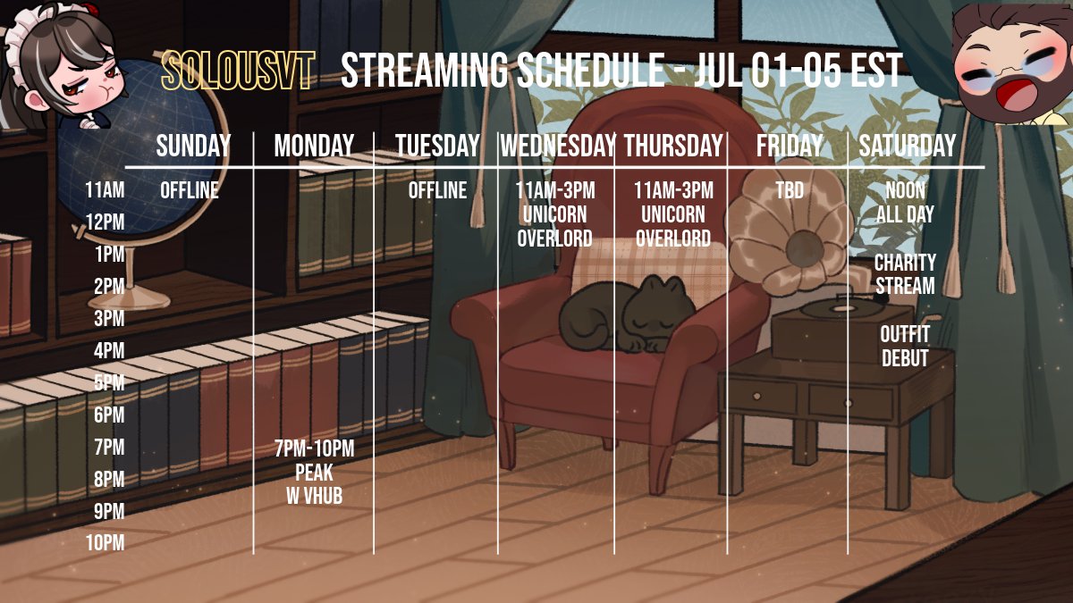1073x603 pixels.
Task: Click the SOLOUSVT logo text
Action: [x=238, y=71]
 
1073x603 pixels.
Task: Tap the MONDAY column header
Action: [x=314, y=146]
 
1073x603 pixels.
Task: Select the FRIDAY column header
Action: [x=790, y=146]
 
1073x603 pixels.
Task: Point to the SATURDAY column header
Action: [x=908, y=146]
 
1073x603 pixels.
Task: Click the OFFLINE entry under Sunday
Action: [x=190, y=190]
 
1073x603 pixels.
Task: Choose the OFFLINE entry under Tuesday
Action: [x=437, y=190]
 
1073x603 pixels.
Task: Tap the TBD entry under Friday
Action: [x=790, y=190]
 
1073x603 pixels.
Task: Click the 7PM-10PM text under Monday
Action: [x=314, y=449]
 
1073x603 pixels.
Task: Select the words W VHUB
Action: [x=314, y=496]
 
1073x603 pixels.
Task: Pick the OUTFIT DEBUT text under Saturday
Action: [x=905, y=347]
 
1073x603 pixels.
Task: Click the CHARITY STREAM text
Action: [x=905, y=274]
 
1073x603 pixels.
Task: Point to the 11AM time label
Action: [x=106, y=190]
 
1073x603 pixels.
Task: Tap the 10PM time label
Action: [x=106, y=543]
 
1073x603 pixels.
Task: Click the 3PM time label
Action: [x=109, y=319]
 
